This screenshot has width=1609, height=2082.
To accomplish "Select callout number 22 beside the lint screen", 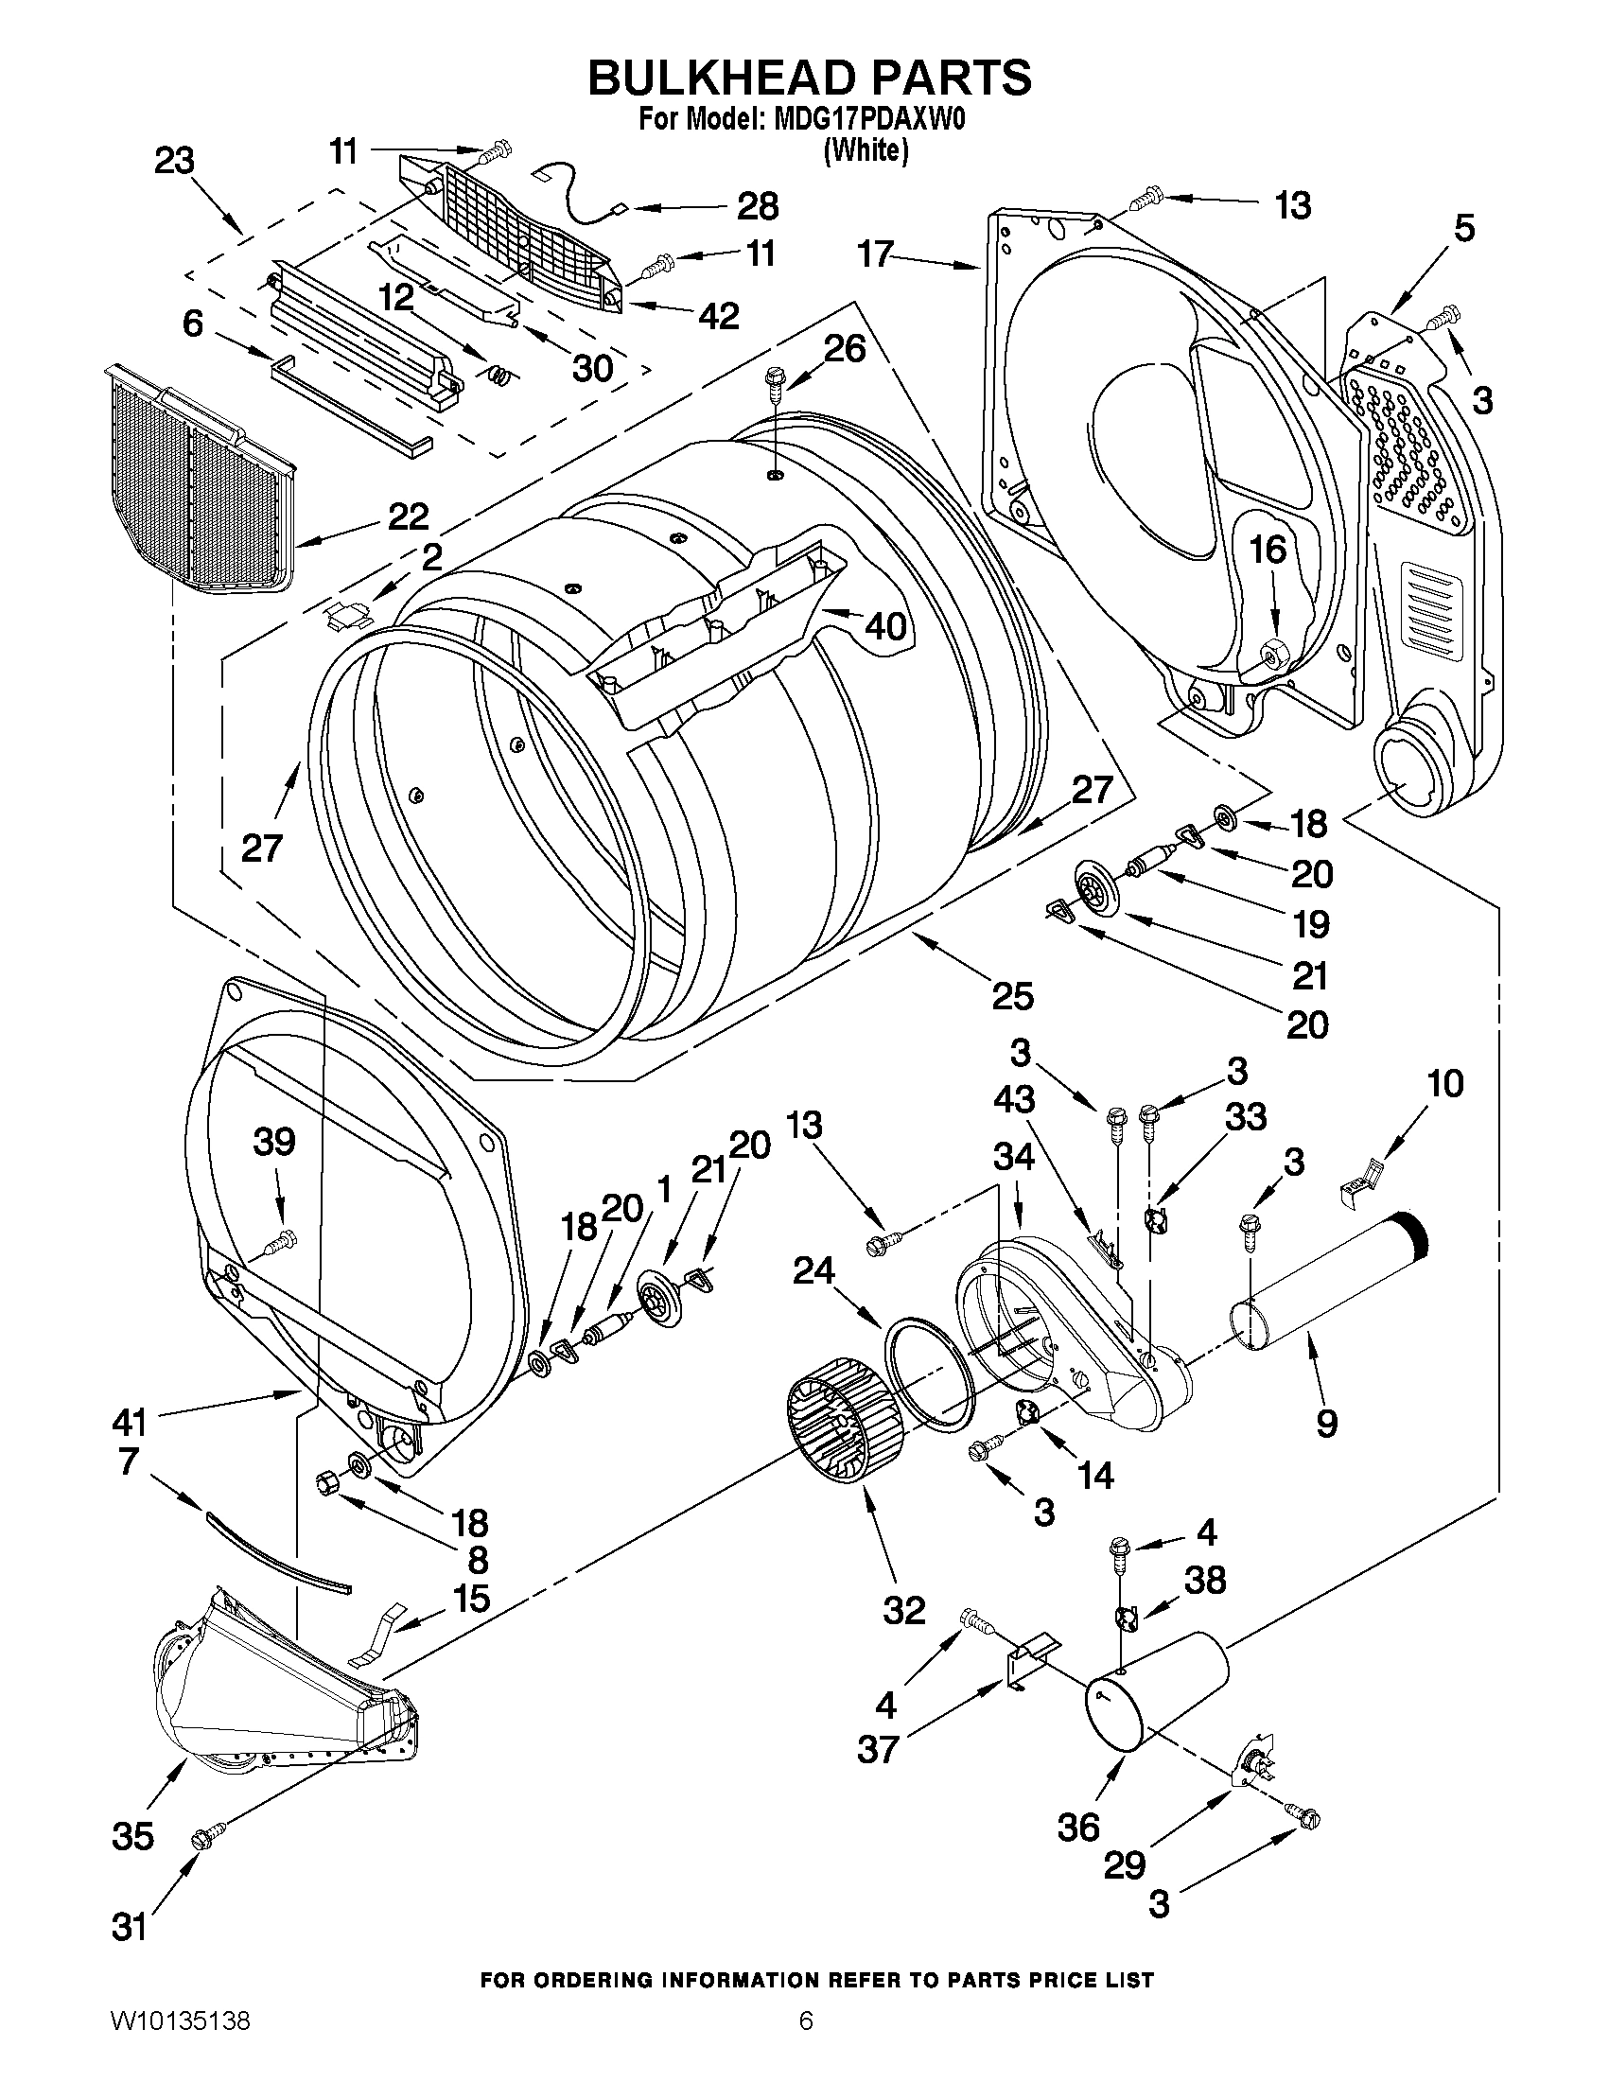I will coord(407,516).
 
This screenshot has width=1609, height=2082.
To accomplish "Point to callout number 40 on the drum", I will coord(884,626).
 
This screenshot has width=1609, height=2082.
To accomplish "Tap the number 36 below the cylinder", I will coord(1078,1828).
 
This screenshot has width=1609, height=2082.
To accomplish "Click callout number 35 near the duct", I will coord(132,1835).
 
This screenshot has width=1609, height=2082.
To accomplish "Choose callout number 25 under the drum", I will coord(1011,996).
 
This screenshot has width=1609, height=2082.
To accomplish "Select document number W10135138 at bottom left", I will coord(180,2046).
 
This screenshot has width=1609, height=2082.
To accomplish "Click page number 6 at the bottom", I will coord(806,2046).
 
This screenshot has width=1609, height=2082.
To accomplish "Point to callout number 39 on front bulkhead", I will coord(273,1141).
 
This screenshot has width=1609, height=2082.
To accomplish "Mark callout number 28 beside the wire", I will coord(758,206).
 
